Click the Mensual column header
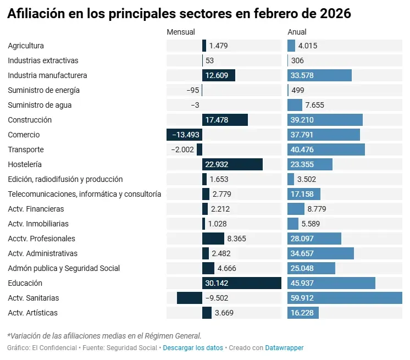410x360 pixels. click(181, 32)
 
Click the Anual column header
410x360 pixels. click(297, 32)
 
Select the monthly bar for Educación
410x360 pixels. click(241, 283)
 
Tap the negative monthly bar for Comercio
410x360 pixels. click(184, 135)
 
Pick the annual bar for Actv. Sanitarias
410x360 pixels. click(345, 298)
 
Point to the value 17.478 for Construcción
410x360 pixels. click(216, 120)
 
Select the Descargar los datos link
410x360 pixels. click(193, 348)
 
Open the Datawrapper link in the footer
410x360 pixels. click(284, 348)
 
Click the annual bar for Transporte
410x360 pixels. click(326, 149)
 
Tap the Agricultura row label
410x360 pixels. click(26, 46)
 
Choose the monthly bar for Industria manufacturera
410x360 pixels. click(218, 75)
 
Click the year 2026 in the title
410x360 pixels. click(333, 14)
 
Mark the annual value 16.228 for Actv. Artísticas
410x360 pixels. click(302, 313)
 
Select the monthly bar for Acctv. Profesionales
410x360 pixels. click(213, 239)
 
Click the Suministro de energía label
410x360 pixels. click(44, 90)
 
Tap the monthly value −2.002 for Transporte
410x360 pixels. click(184, 149)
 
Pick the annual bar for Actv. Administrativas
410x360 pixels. click(320, 253)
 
